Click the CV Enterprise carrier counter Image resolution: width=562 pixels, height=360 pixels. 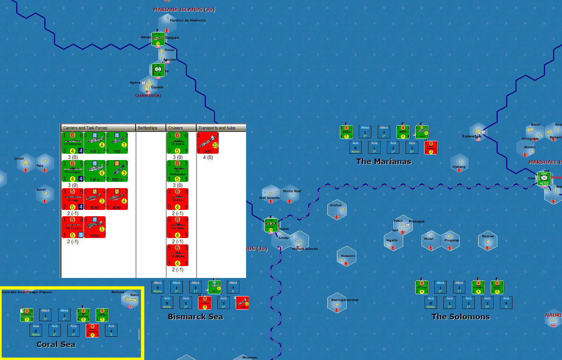click(x=72, y=143)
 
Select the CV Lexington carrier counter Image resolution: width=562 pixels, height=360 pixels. click(x=72, y=171)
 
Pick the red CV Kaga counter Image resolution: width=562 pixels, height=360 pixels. click(x=72, y=199)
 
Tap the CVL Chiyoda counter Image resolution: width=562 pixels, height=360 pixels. click(x=72, y=227)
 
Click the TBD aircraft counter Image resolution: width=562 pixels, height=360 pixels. click(x=117, y=143)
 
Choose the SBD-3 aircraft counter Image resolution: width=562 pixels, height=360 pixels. click(x=117, y=171)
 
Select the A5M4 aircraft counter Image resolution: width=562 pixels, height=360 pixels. click(x=95, y=227)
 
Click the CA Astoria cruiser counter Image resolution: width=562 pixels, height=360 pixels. click(x=177, y=143)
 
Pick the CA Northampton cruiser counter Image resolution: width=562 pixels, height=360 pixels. click(x=177, y=171)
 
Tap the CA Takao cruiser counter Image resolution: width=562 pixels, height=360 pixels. click(x=177, y=227)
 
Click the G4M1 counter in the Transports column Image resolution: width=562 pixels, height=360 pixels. click(x=208, y=143)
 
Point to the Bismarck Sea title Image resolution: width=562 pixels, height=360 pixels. click(x=195, y=317)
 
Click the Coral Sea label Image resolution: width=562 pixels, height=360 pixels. click(x=56, y=344)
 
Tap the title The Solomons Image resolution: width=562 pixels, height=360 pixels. click(x=461, y=317)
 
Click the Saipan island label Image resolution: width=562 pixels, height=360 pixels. click(x=172, y=38)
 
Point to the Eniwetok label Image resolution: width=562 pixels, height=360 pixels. click(x=471, y=136)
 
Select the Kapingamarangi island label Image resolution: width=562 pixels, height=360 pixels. click(x=345, y=300)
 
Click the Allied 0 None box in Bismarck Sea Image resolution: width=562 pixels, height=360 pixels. click(x=158, y=287)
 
